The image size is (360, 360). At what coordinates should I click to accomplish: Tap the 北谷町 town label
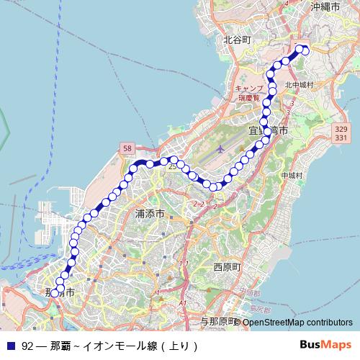pos(236,41)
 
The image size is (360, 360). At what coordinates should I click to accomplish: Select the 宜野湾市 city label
pos(269,131)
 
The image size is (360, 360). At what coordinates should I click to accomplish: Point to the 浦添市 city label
pos(150,214)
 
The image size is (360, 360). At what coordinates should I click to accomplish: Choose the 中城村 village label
pos(292,175)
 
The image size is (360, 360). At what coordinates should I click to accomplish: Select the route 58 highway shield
pos(127,148)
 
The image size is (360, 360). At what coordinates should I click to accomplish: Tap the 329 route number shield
pos(341,129)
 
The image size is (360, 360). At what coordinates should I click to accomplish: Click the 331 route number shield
pos(341,138)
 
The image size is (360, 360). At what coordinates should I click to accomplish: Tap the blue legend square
pos(11,345)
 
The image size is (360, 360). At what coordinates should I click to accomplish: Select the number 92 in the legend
pos(27,345)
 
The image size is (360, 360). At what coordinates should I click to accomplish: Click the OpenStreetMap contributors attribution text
pos(297,322)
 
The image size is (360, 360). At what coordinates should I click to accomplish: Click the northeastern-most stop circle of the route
pos(305,50)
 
